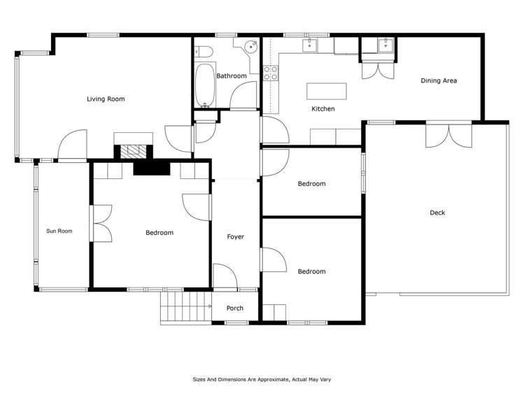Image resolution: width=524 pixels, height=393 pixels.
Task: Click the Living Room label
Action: click(106, 99)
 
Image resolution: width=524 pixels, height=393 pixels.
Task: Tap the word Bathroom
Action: click(231, 76)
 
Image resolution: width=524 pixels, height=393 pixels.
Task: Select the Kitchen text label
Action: click(323, 109)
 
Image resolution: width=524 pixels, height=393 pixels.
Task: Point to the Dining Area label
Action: click(439, 81)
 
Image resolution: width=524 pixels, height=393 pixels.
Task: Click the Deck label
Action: click(437, 213)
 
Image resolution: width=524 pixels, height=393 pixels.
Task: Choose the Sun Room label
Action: click(59, 231)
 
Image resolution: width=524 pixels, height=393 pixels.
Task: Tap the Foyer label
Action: click(236, 237)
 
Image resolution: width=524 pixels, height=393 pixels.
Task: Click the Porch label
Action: click(235, 308)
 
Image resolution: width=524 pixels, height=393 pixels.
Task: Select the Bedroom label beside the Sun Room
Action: click(160, 233)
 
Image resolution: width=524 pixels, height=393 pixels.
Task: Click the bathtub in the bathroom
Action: click(205, 86)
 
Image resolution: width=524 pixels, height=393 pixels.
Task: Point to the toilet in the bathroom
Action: click(202, 50)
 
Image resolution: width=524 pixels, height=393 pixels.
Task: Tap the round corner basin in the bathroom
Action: click(250, 48)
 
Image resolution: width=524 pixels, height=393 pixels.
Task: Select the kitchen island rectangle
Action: click(326, 91)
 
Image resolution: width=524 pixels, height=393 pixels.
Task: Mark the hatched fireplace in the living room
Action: click(133, 150)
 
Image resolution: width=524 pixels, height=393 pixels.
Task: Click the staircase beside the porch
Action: click(185, 308)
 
